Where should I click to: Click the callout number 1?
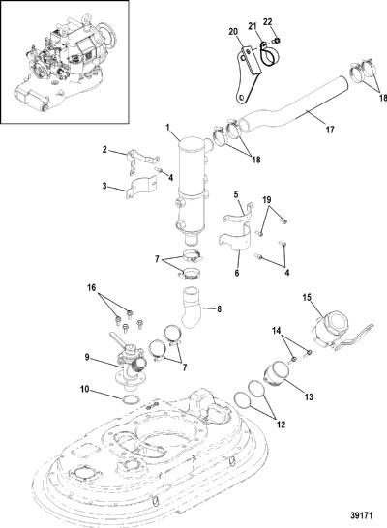coord(169,128)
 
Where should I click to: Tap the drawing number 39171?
coord(360,515)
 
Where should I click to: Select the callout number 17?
coord(330,129)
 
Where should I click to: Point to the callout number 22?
coord(267,22)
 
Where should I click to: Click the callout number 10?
coord(84,390)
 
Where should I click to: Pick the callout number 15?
coord(307,298)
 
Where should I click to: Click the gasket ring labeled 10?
coord(131,400)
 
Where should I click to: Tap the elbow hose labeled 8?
coord(192,307)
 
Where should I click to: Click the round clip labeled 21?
coord(268,56)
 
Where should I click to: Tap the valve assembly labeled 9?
coord(130,364)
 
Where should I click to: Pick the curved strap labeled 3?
coord(141,187)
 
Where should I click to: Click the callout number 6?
coord(237,273)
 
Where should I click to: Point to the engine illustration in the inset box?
coord(66,62)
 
